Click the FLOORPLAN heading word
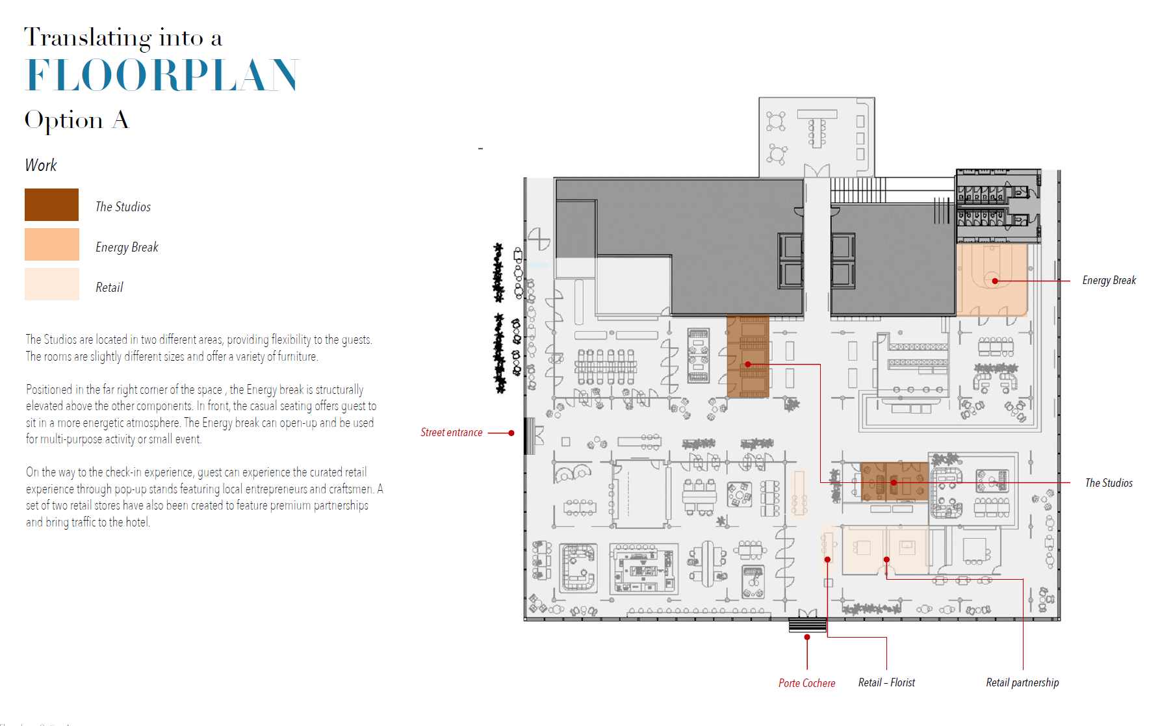click(x=162, y=75)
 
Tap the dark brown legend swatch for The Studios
click(x=51, y=205)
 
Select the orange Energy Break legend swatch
click(x=51, y=244)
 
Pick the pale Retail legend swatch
click(x=51, y=284)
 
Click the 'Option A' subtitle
click(x=77, y=121)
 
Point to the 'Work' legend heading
click(x=41, y=165)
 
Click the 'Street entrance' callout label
click(x=452, y=432)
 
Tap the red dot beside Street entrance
click(x=511, y=433)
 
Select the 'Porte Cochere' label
click(x=807, y=683)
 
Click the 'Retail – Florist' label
click(x=886, y=682)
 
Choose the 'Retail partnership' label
click(x=1022, y=682)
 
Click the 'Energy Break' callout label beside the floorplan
click(x=1109, y=280)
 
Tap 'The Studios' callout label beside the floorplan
click(x=1109, y=483)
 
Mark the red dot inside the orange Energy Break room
click(x=995, y=281)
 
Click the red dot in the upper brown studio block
click(x=748, y=365)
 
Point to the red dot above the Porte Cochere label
click(x=807, y=638)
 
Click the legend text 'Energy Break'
click(x=127, y=247)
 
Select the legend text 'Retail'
click(x=109, y=287)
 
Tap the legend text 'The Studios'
click(x=123, y=207)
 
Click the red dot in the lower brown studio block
click(x=894, y=483)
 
